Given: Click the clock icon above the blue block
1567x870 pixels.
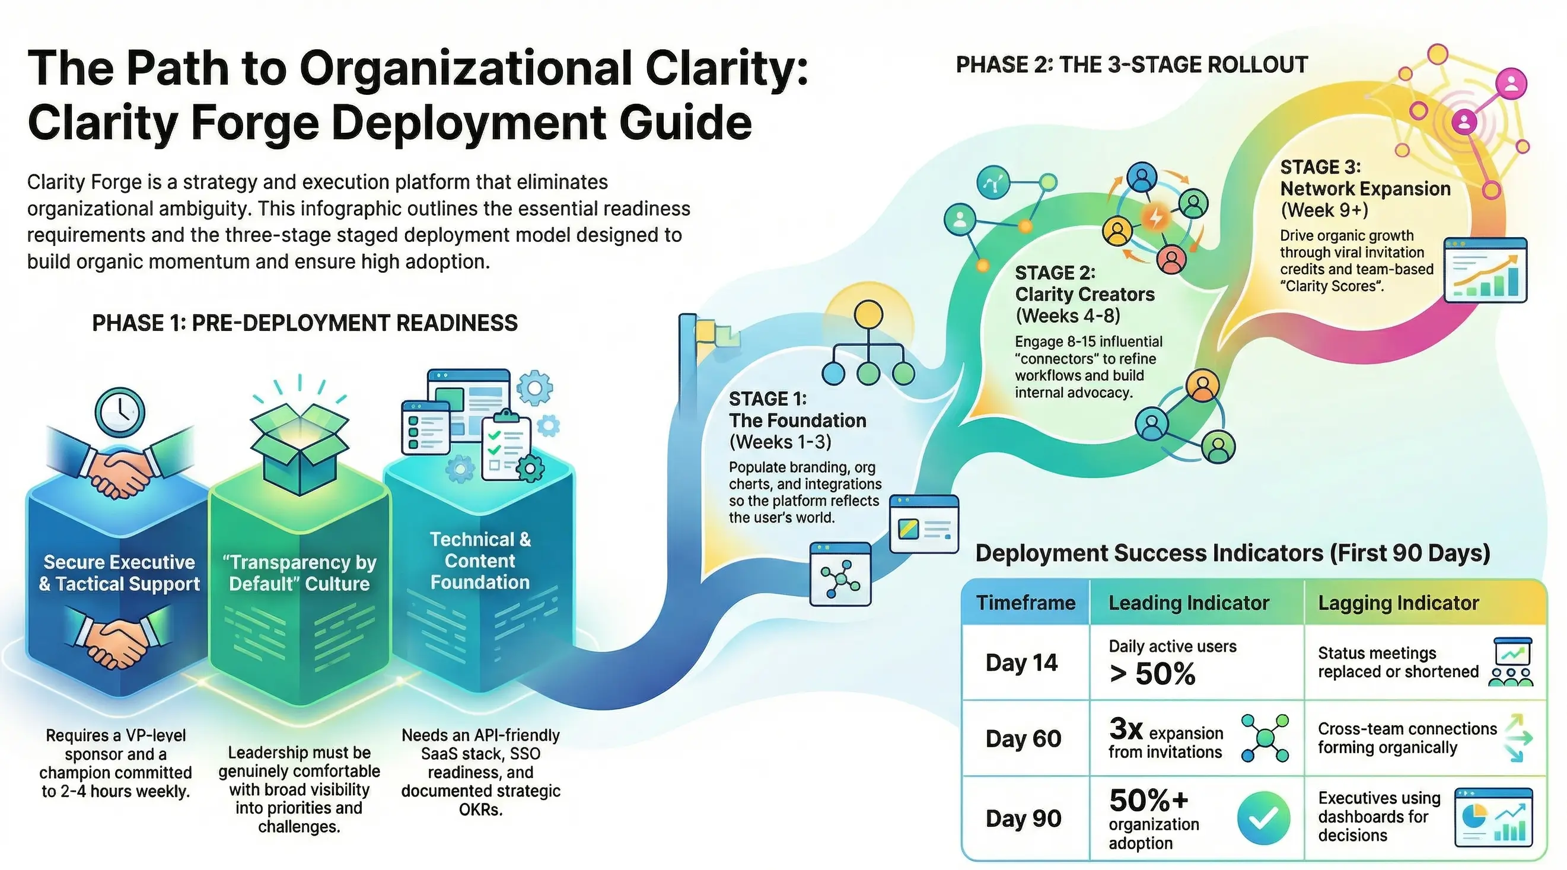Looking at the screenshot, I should click(120, 412).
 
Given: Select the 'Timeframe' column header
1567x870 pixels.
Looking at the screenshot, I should click(1025, 603).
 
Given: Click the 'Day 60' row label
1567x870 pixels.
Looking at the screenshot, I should click(1023, 738).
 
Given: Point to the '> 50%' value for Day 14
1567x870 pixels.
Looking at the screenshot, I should click(1152, 674).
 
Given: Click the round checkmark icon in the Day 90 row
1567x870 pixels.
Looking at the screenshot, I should click(1263, 818).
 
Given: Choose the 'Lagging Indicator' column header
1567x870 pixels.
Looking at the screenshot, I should click(1398, 603).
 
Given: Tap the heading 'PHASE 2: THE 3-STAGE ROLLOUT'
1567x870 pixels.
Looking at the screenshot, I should click(1132, 65).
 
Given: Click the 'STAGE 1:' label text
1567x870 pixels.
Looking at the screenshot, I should click(767, 399).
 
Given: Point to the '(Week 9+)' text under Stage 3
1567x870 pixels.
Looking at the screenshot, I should click(1324, 210).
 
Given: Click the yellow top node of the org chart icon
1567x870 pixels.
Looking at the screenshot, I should click(868, 314).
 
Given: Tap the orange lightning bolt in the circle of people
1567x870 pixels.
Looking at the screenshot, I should click(1155, 216).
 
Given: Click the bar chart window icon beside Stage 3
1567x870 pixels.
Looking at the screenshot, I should click(1485, 270).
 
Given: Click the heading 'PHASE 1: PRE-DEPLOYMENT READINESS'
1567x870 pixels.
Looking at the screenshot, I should click(304, 323).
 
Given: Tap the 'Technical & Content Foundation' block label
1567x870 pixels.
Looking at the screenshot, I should click(480, 560).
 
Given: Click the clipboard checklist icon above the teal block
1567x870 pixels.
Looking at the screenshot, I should click(505, 447).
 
